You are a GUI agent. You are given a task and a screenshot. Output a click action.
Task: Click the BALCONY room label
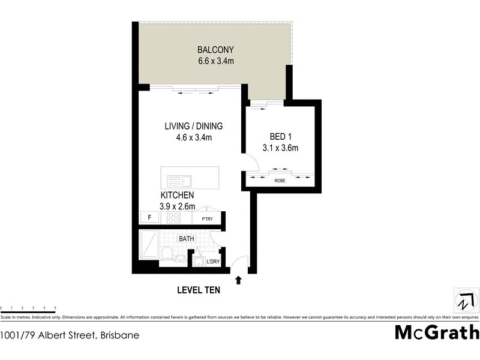click(x=215, y=50)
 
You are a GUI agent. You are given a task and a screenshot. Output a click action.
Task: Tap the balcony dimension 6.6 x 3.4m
click(x=215, y=61)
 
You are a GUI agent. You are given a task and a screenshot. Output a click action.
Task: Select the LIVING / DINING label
click(x=194, y=127)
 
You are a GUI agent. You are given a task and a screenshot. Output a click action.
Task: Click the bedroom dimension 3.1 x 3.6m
click(x=280, y=148)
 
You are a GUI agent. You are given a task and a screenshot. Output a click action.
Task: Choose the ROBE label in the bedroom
click(x=280, y=180)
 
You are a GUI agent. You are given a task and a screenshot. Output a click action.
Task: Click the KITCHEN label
click(x=177, y=196)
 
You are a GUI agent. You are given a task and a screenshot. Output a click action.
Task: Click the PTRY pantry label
click(x=208, y=218)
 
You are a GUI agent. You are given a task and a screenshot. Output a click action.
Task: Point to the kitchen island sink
click(x=179, y=179)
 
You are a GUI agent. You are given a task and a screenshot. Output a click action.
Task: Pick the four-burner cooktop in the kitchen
click(x=173, y=218)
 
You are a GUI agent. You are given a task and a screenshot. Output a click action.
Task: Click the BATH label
click(x=186, y=238)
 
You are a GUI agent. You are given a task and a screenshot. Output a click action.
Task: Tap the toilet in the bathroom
click(x=167, y=253)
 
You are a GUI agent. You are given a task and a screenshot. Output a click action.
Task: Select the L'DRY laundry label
click(x=212, y=262)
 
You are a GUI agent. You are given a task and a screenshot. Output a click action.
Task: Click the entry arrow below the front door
click(x=239, y=280)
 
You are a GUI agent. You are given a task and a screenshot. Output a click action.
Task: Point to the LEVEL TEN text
click(x=199, y=290)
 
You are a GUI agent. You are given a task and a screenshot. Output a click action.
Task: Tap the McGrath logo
click(x=436, y=332)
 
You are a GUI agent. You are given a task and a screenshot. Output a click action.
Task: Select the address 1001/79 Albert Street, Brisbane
click(x=70, y=335)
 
